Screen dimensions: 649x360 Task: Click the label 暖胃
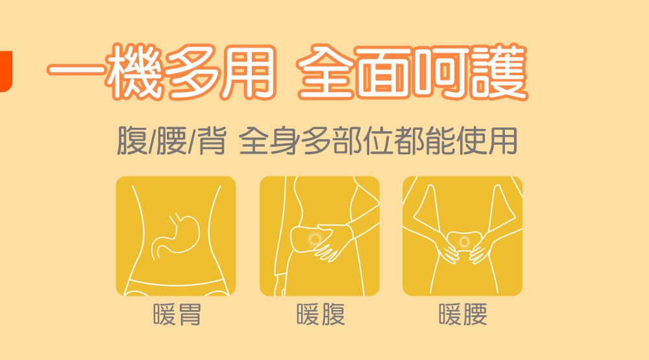177,315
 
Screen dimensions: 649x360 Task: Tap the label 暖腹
321,315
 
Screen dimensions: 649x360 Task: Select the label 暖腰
463,315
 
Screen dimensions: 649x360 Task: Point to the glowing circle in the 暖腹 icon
315,239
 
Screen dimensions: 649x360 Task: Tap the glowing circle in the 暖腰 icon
464,242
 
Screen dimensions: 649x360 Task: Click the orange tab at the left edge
6,71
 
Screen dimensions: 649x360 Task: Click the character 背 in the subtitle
211,141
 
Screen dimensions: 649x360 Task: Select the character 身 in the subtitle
285,141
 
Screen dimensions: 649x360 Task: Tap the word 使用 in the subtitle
487,141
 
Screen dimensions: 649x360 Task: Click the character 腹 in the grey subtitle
132,141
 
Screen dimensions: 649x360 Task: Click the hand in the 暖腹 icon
334,242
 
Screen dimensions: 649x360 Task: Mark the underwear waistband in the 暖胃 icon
176,283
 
